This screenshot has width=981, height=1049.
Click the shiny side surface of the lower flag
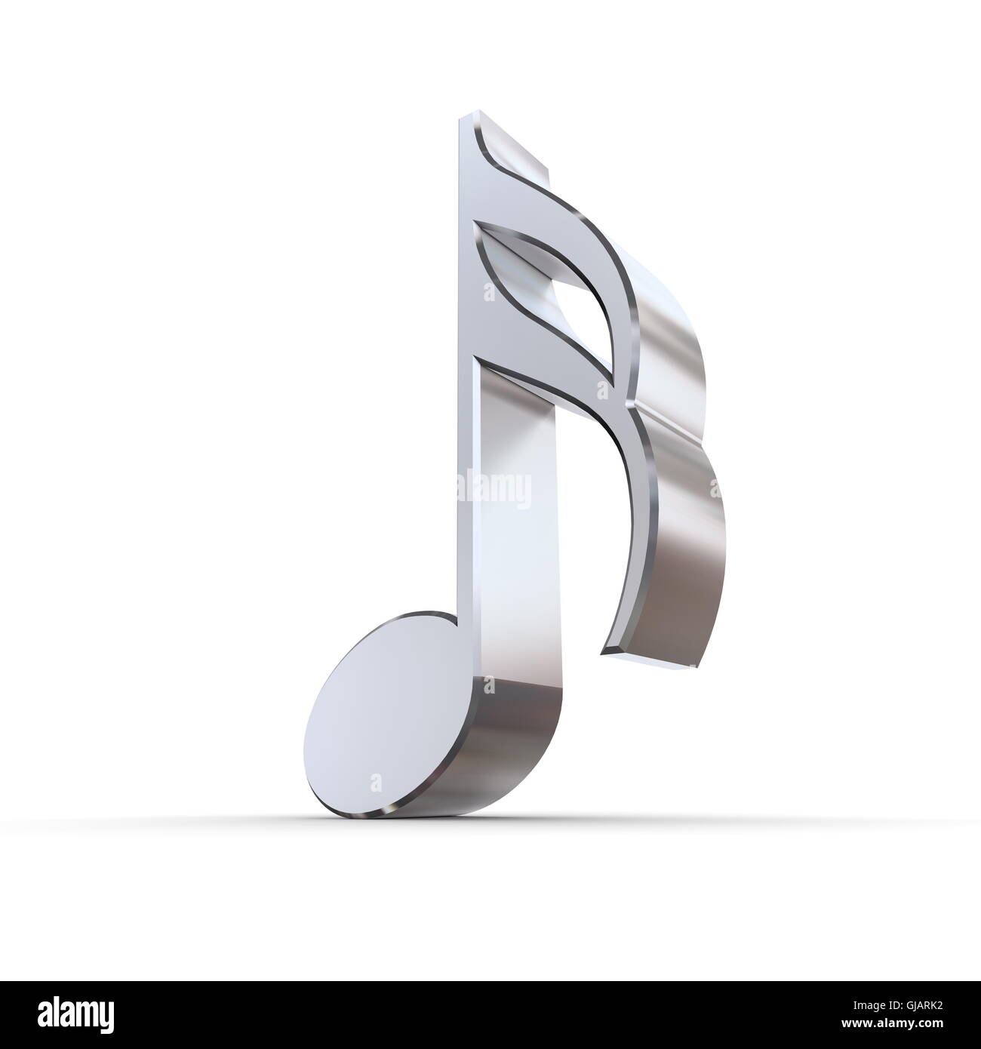click(x=679, y=543)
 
